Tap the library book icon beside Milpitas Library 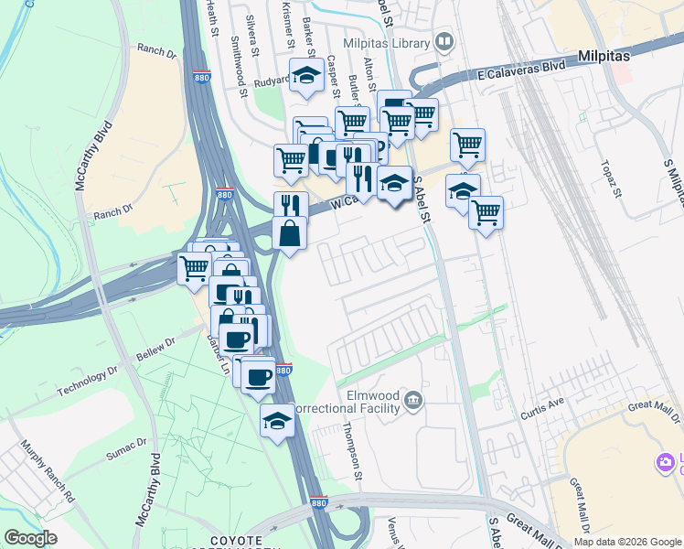(x=444, y=42)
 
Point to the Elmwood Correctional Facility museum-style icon (x=413, y=399)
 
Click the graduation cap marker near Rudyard (x=306, y=76)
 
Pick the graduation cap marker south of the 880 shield (x=277, y=421)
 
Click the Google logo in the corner (x=30, y=538)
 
